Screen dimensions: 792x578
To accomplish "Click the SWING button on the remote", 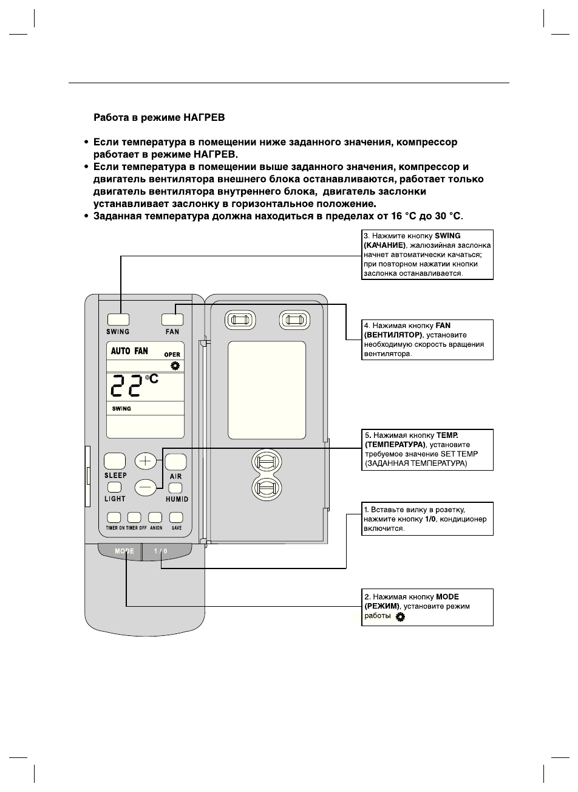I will (x=118, y=319).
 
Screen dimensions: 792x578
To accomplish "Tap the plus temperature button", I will (x=145, y=461).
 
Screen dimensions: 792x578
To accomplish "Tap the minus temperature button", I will (x=145, y=486).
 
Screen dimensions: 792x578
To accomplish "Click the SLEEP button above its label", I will (x=115, y=462).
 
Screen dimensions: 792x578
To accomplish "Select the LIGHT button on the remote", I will (x=114, y=487).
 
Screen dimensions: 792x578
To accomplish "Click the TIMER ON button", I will (x=114, y=517).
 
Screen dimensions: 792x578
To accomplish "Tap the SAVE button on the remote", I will (x=176, y=517).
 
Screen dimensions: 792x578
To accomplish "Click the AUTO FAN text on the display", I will (x=129, y=351).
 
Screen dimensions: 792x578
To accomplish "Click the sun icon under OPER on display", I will (x=175, y=365).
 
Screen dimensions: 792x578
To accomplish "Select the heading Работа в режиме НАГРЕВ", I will (x=159, y=116).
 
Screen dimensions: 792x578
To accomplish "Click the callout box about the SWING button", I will (x=427, y=254).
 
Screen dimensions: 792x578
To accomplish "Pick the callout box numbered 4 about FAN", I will (x=427, y=340).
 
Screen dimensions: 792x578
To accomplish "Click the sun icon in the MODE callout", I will (x=400, y=617).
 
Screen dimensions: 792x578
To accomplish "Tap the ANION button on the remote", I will (x=155, y=517).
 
